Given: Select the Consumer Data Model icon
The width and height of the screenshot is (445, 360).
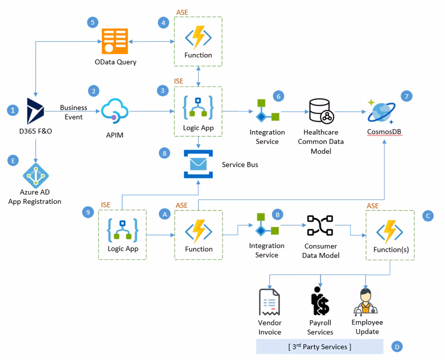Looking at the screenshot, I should [x=320, y=226].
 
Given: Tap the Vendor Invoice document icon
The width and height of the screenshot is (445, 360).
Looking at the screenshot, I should [x=269, y=302].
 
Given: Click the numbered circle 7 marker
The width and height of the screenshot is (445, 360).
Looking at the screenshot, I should [x=406, y=95].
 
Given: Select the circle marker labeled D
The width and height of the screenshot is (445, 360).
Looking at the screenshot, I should [x=397, y=347].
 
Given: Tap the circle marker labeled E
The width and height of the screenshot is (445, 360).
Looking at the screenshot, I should [x=13, y=161].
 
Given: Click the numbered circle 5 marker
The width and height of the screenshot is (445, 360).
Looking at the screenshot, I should [x=93, y=22].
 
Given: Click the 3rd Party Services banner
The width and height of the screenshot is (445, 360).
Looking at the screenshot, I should [x=319, y=347].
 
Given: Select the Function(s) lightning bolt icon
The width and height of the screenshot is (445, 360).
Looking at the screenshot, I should [x=390, y=231].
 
